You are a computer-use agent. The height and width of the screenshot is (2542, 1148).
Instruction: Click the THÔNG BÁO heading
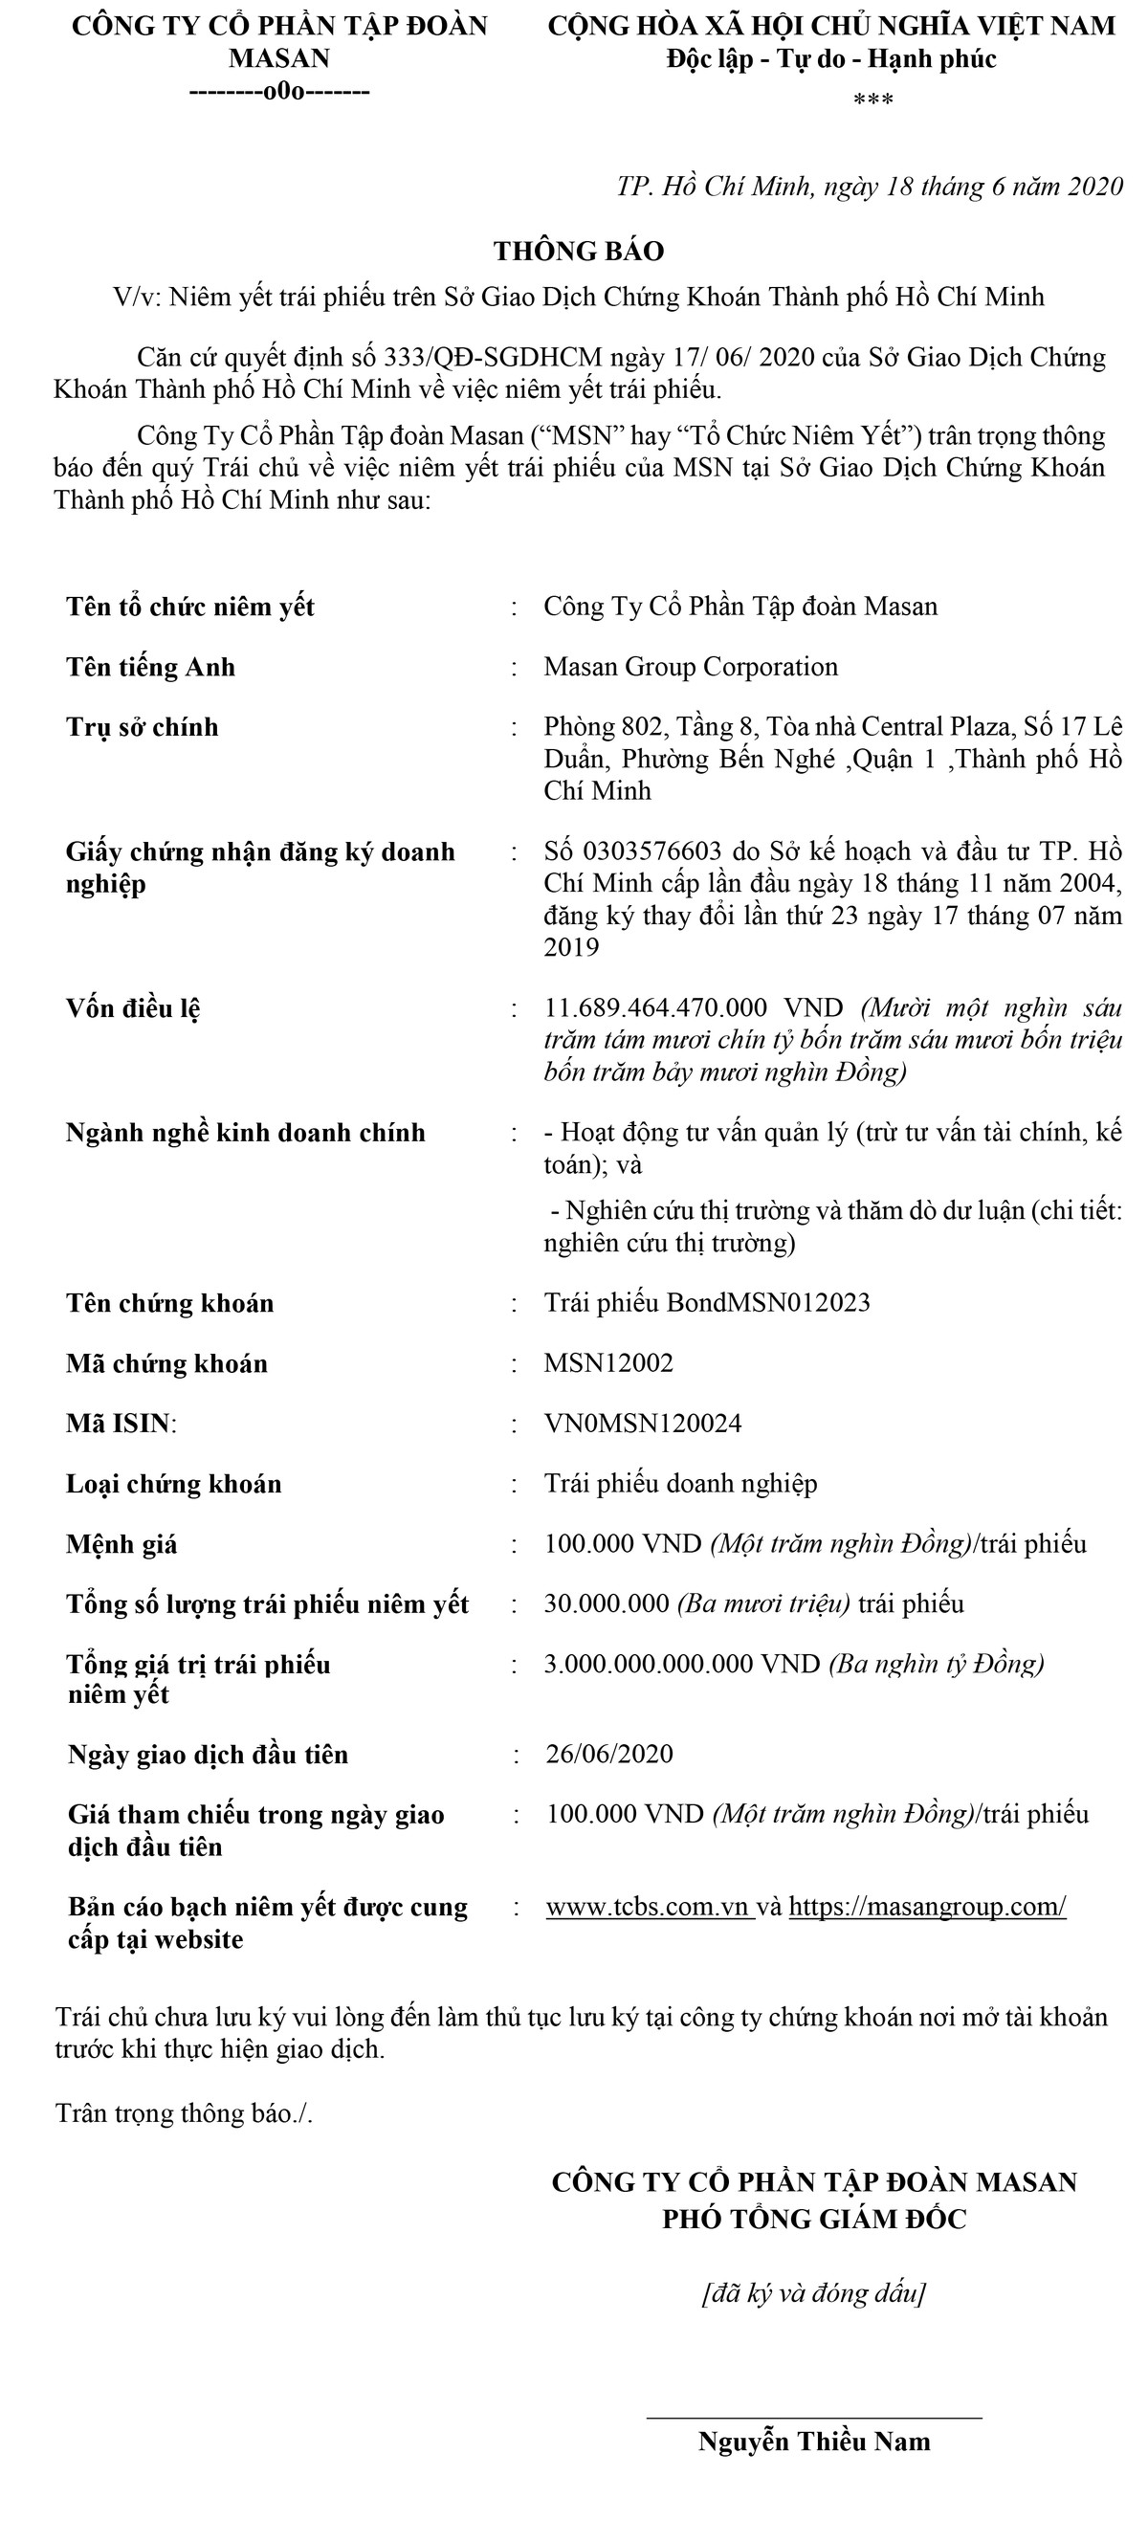[x=579, y=251]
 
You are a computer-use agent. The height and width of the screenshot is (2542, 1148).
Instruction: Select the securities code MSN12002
[x=608, y=1362]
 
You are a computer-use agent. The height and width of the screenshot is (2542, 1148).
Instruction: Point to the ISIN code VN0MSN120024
[x=643, y=1423]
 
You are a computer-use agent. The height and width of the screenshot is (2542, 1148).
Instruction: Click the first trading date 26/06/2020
[x=609, y=1754]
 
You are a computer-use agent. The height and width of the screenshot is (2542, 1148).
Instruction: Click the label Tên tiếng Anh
[x=151, y=667]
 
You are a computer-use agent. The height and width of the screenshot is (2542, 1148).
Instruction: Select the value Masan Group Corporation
[x=690, y=667]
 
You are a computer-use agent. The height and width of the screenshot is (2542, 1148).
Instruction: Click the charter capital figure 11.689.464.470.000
[x=655, y=1007]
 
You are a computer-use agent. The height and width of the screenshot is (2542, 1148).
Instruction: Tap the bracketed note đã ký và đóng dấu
[x=813, y=2292]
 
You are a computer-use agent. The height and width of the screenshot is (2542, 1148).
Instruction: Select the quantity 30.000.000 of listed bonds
[x=607, y=1603]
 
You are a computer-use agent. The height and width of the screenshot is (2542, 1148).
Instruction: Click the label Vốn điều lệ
[x=133, y=1008]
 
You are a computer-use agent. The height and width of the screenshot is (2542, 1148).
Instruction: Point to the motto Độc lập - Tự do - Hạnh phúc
[x=831, y=59]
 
